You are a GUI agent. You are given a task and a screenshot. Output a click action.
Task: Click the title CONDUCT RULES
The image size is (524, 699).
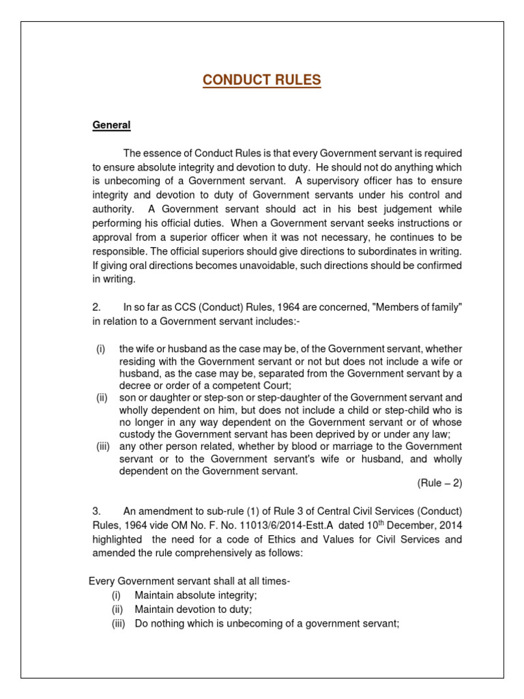[261, 81]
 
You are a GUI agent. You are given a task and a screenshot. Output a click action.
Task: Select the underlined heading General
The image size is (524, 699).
[111, 125]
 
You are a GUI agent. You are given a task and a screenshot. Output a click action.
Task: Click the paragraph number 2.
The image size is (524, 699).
[97, 307]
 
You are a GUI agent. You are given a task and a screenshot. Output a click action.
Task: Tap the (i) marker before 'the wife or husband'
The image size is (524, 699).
[100, 349]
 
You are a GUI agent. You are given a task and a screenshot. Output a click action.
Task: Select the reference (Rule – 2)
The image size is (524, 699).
[439, 483]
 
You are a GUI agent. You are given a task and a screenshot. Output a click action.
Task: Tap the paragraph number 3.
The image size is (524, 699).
[97, 511]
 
